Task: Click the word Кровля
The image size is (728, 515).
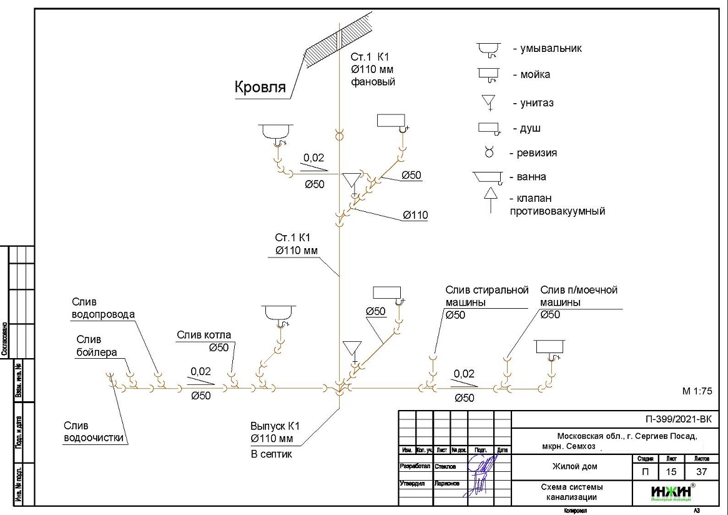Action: (260, 87)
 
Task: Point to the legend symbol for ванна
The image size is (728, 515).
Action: (488, 177)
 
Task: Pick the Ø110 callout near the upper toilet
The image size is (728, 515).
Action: (415, 216)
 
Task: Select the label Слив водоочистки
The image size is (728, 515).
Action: (94, 432)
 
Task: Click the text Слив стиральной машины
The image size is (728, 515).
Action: (486, 296)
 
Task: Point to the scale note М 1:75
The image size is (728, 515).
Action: (697, 391)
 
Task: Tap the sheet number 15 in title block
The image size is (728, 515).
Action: (671, 472)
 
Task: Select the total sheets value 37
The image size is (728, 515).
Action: (702, 472)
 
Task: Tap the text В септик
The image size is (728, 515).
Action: (271, 454)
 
